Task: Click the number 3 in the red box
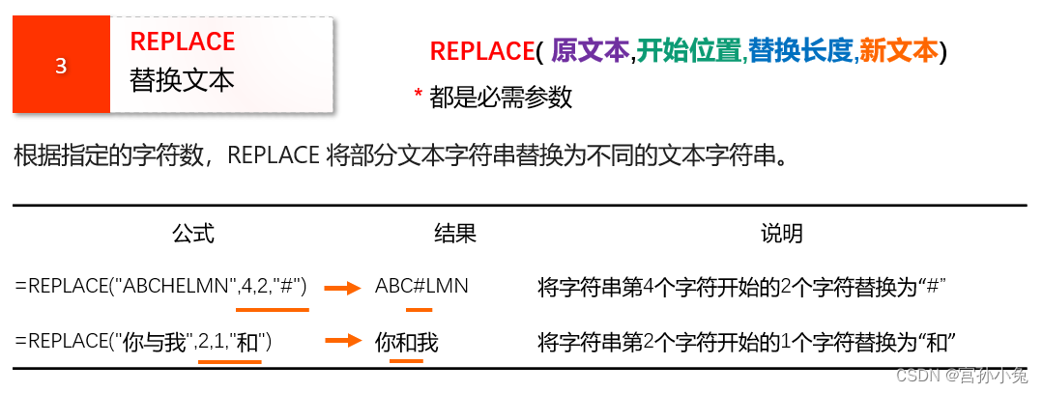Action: pyautogui.click(x=61, y=67)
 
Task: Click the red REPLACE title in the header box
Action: pyautogui.click(x=183, y=42)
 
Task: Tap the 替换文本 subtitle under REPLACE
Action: pyautogui.click(x=183, y=80)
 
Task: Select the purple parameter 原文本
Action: pyautogui.click(x=591, y=51)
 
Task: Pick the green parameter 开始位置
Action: pyautogui.click(x=689, y=51)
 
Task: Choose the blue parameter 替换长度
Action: pyautogui.click(x=801, y=51)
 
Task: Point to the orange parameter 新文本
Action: pyautogui.click(x=898, y=51)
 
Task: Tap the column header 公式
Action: pyautogui.click(x=192, y=234)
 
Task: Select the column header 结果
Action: pyautogui.click(x=455, y=234)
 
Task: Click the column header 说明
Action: pyautogui.click(x=781, y=234)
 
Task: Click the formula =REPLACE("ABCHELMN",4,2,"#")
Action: pyautogui.click(x=161, y=286)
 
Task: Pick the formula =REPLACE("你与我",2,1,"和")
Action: pyautogui.click(x=144, y=341)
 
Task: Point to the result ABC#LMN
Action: pyautogui.click(x=421, y=286)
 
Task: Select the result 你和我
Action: pyautogui.click(x=407, y=342)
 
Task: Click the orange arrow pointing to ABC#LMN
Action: pyautogui.click(x=342, y=287)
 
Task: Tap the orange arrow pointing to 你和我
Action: pyautogui.click(x=342, y=341)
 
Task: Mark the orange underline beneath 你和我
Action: pyautogui.click(x=406, y=360)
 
